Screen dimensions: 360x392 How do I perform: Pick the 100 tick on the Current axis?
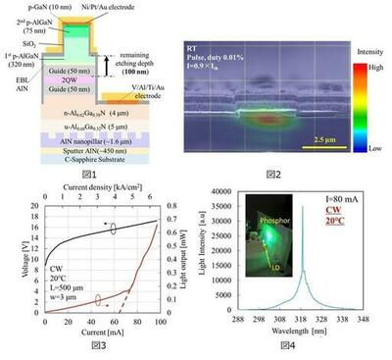tap(155, 322)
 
